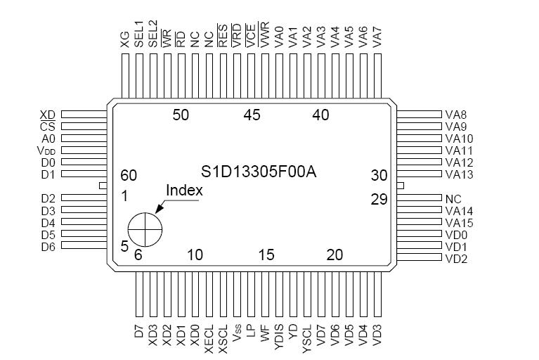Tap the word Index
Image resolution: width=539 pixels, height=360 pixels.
(184, 190)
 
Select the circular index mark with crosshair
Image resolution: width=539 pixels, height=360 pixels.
(145, 229)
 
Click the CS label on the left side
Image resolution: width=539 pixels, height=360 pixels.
(47, 127)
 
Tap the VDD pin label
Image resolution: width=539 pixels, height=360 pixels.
(46, 150)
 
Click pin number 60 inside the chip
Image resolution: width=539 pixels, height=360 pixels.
(129, 176)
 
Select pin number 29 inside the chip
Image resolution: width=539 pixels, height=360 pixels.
(379, 199)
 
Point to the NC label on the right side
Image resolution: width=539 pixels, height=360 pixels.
(453, 198)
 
